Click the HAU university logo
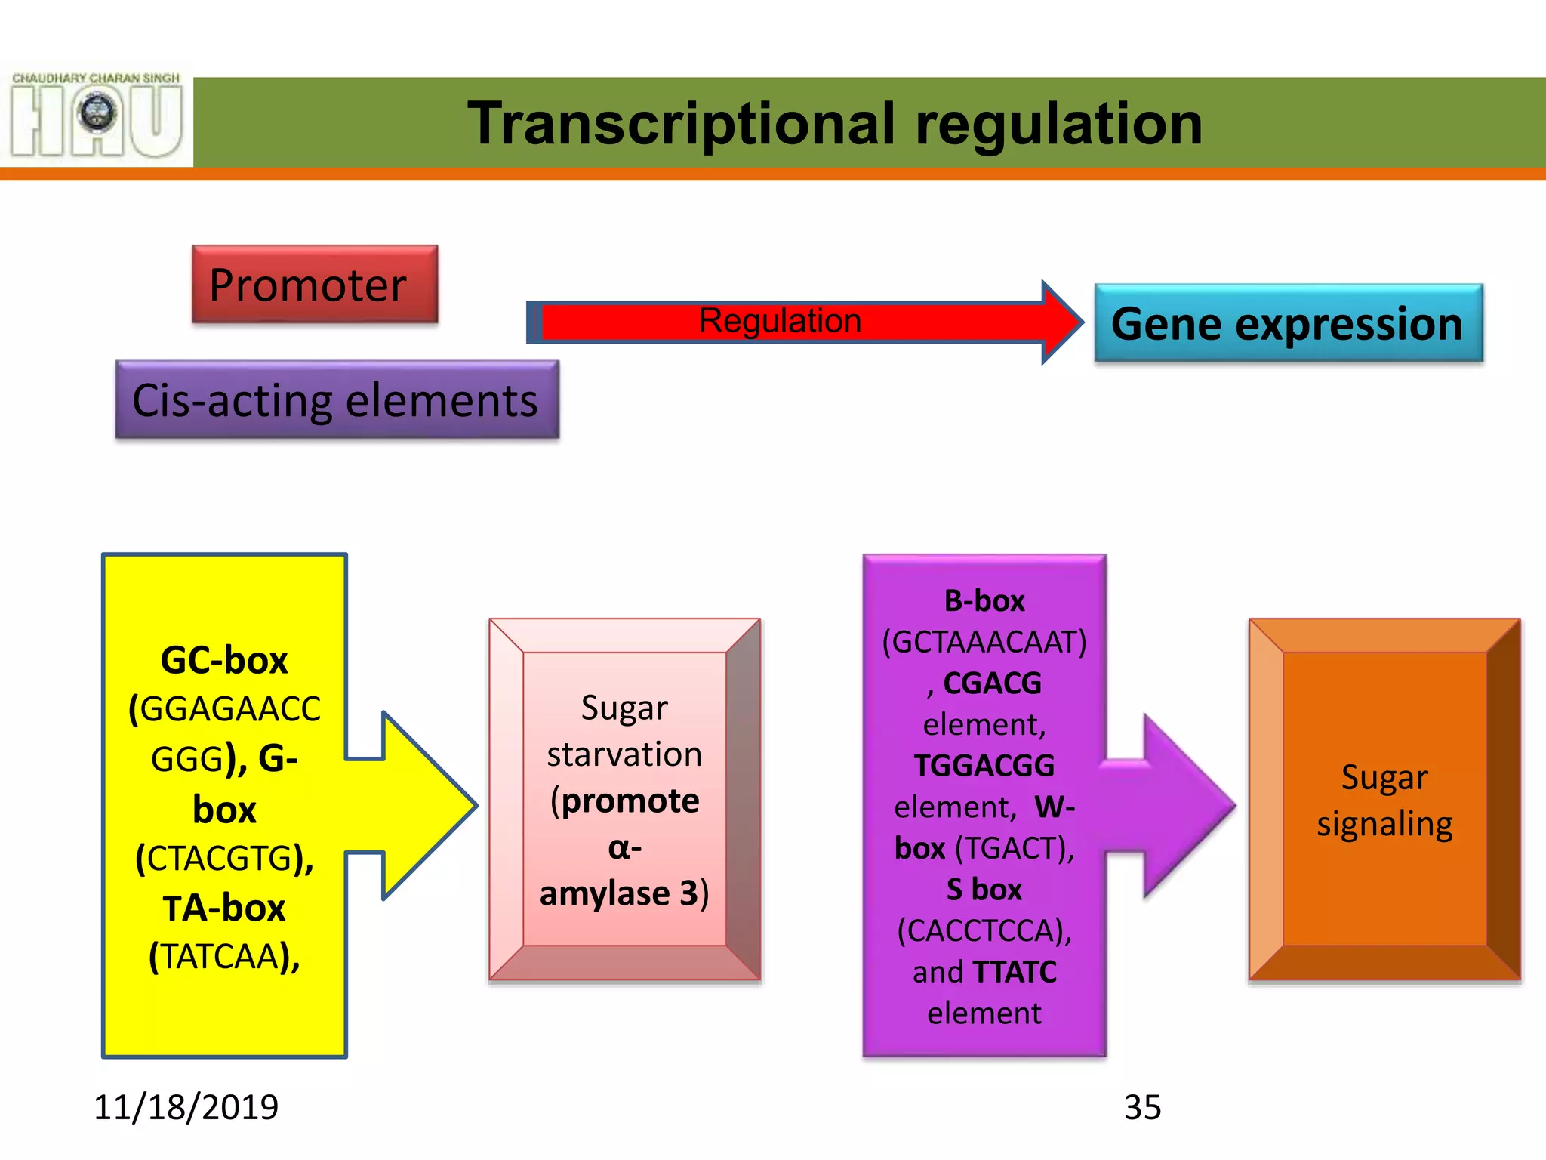[x=97, y=115]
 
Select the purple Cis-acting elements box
[x=337, y=400]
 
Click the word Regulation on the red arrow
[x=780, y=321]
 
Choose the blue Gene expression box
[x=1288, y=323]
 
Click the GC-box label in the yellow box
[x=224, y=661]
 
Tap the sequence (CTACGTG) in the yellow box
[x=224, y=859]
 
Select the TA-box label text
[x=224, y=908]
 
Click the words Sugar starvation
[x=624, y=731]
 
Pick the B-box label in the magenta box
[x=984, y=601]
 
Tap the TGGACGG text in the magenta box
[x=984, y=766]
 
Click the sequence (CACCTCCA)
[x=984, y=930]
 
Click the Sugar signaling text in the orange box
[x=1384, y=801]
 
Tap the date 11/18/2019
[x=186, y=1107]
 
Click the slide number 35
[x=1142, y=1108]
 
